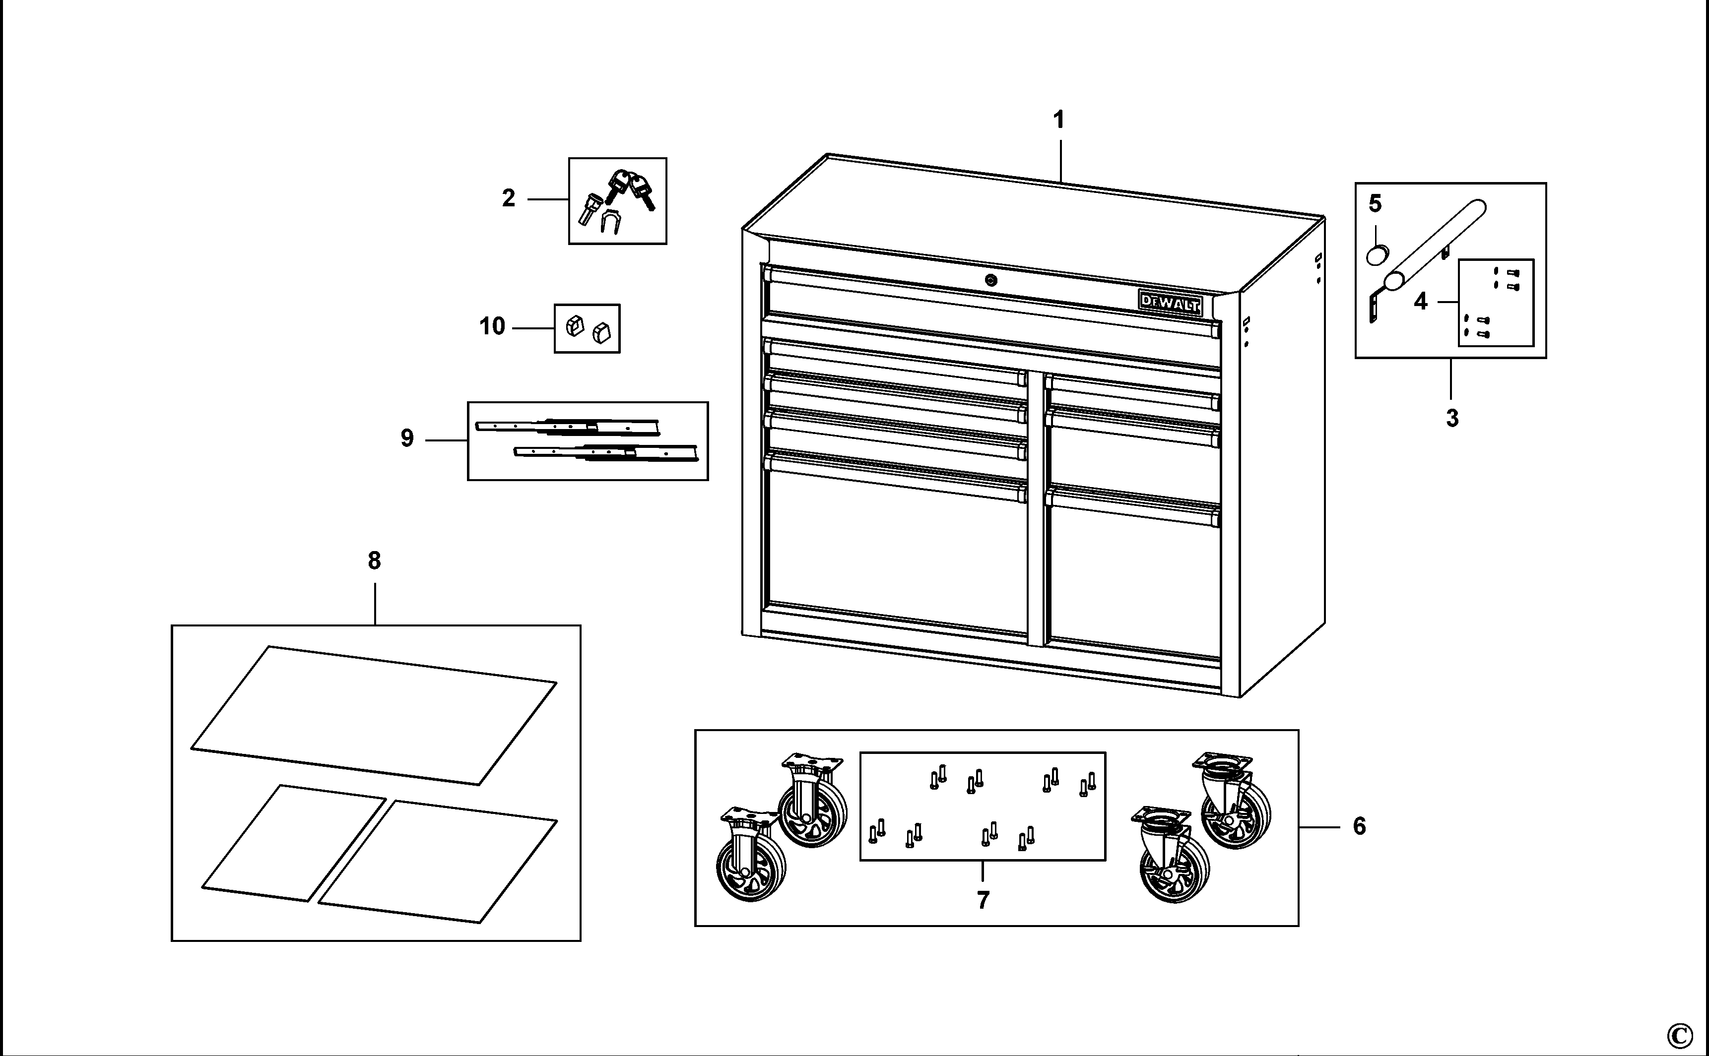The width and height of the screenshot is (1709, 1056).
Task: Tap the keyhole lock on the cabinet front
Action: coord(991,281)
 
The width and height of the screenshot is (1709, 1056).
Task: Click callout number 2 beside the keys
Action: coord(509,199)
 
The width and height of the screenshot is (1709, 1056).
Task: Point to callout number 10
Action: coord(492,327)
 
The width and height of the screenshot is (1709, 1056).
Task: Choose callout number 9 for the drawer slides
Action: coord(407,438)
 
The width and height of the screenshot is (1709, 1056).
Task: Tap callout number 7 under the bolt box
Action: coord(983,901)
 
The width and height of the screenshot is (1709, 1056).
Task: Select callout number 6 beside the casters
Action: coord(1359,827)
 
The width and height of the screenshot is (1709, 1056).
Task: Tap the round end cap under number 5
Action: coord(1377,254)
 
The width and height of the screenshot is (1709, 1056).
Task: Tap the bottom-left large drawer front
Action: coord(898,552)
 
